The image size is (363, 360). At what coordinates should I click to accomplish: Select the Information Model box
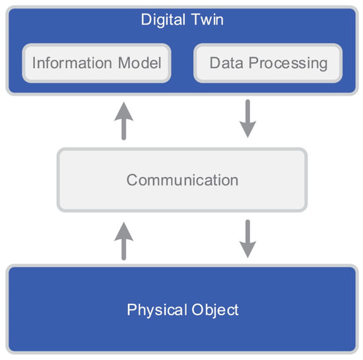96,64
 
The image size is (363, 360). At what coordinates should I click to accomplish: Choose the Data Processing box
268,64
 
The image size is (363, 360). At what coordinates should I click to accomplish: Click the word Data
224,64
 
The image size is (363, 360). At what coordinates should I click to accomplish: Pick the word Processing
284,64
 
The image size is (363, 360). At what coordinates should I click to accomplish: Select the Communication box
182,180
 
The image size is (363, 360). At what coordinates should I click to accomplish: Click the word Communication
182,180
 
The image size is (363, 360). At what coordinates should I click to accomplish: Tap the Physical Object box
182,309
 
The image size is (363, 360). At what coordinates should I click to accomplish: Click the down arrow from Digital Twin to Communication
247,120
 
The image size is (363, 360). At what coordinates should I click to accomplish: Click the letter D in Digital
145,19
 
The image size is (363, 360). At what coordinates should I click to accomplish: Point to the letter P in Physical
131,309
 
